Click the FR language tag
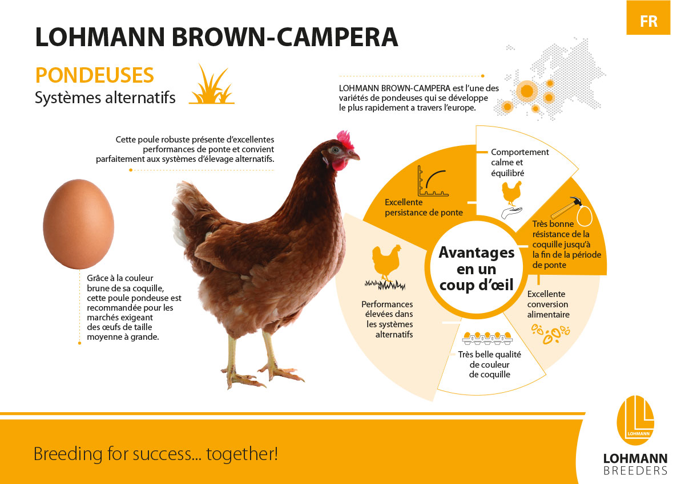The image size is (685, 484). [x=648, y=21]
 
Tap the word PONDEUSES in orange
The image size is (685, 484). [x=95, y=75]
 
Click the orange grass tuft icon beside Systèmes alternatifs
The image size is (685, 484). [x=212, y=84]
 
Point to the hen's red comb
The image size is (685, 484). [x=345, y=139]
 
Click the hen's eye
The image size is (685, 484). [x=336, y=150]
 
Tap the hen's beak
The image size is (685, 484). [x=354, y=156]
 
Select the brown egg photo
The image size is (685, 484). [x=79, y=224]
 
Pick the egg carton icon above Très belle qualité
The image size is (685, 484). [x=487, y=337]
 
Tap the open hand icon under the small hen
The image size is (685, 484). [x=511, y=212]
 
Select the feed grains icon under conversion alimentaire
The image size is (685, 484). [x=550, y=333]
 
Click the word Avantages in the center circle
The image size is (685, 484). [x=477, y=253]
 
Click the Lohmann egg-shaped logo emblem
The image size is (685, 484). [x=636, y=420]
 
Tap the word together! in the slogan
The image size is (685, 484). [x=242, y=454]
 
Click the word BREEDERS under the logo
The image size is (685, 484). [x=635, y=470]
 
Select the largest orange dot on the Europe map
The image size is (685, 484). [x=527, y=91]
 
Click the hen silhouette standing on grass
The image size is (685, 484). [x=386, y=263]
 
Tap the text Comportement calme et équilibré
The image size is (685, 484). [x=520, y=162]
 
